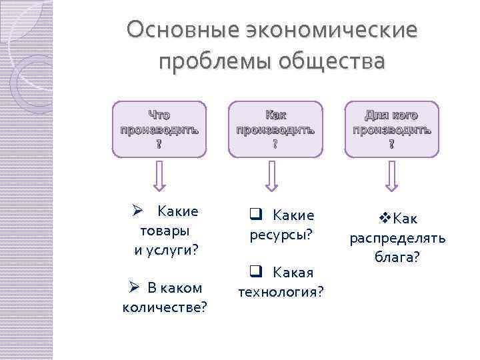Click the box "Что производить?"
click(x=159, y=129)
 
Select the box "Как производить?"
click(x=275, y=129)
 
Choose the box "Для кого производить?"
click(x=392, y=129)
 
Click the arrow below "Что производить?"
click(x=159, y=177)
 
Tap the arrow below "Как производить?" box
click(x=271, y=177)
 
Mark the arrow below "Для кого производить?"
click(x=392, y=177)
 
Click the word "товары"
click(x=164, y=231)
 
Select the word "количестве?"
click(x=165, y=307)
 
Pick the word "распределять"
click(x=398, y=238)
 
